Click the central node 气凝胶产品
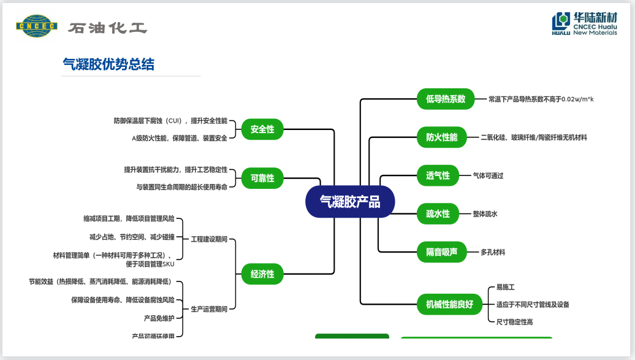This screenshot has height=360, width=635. (x=350, y=202)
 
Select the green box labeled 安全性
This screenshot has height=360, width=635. (x=262, y=129)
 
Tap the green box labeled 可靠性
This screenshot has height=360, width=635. (x=262, y=178)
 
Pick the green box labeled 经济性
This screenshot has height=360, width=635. (x=262, y=274)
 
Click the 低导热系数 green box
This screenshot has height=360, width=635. (x=446, y=99)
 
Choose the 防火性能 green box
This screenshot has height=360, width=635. (x=441, y=137)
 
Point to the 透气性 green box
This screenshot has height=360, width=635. (x=438, y=175)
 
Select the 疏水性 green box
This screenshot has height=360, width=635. (x=438, y=213)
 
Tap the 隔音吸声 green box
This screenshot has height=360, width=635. (x=441, y=251)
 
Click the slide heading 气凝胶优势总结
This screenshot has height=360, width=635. (x=108, y=64)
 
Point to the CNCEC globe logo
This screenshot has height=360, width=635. (x=36, y=26)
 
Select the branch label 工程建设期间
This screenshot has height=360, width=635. (x=209, y=239)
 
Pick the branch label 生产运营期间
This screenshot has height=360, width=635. (x=209, y=309)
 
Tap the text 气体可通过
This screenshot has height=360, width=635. (x=488, y=176)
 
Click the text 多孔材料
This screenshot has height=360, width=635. (x=493, y=252)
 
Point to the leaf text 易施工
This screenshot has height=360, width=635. (x=505, y=287)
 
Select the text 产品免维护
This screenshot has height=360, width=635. (x=159, y=318)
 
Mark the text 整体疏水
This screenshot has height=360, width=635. (x=485, y=214)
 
